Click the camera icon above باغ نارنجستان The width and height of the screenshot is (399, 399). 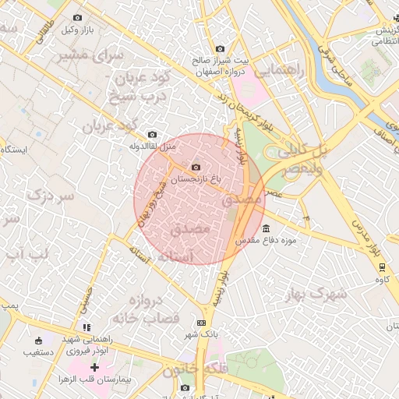(195, 165)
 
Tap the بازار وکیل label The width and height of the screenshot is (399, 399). (77, 30)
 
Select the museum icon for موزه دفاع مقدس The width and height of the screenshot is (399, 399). (267, 228)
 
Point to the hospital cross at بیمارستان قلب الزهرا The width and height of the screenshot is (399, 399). (94, 367)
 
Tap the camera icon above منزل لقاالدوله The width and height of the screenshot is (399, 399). (151, 134)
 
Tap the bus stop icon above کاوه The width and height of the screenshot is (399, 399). (382, 265)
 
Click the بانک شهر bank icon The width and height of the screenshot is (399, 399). (203, 323)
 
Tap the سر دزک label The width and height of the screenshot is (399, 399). (51, 196)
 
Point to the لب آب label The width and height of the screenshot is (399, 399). (27, 254)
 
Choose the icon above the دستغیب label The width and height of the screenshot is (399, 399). (39, 340)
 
